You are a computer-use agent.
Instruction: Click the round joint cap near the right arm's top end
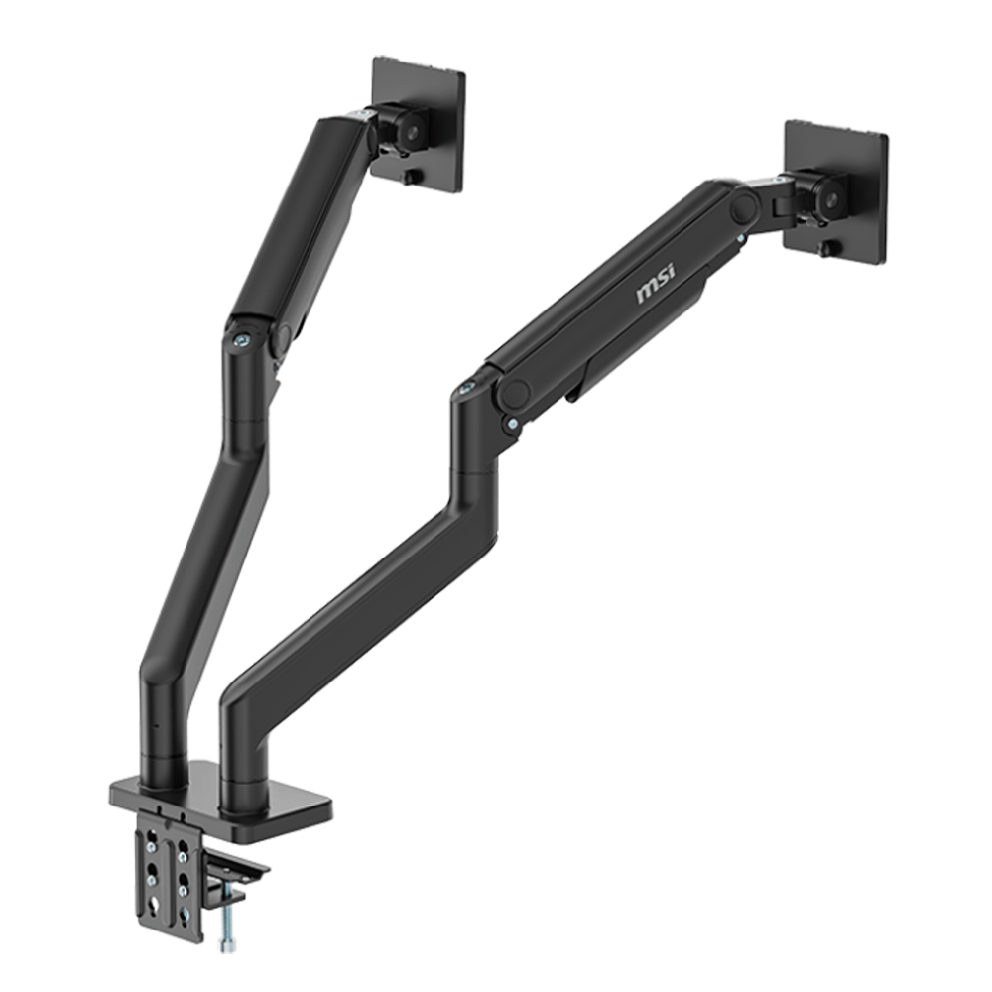745,207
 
